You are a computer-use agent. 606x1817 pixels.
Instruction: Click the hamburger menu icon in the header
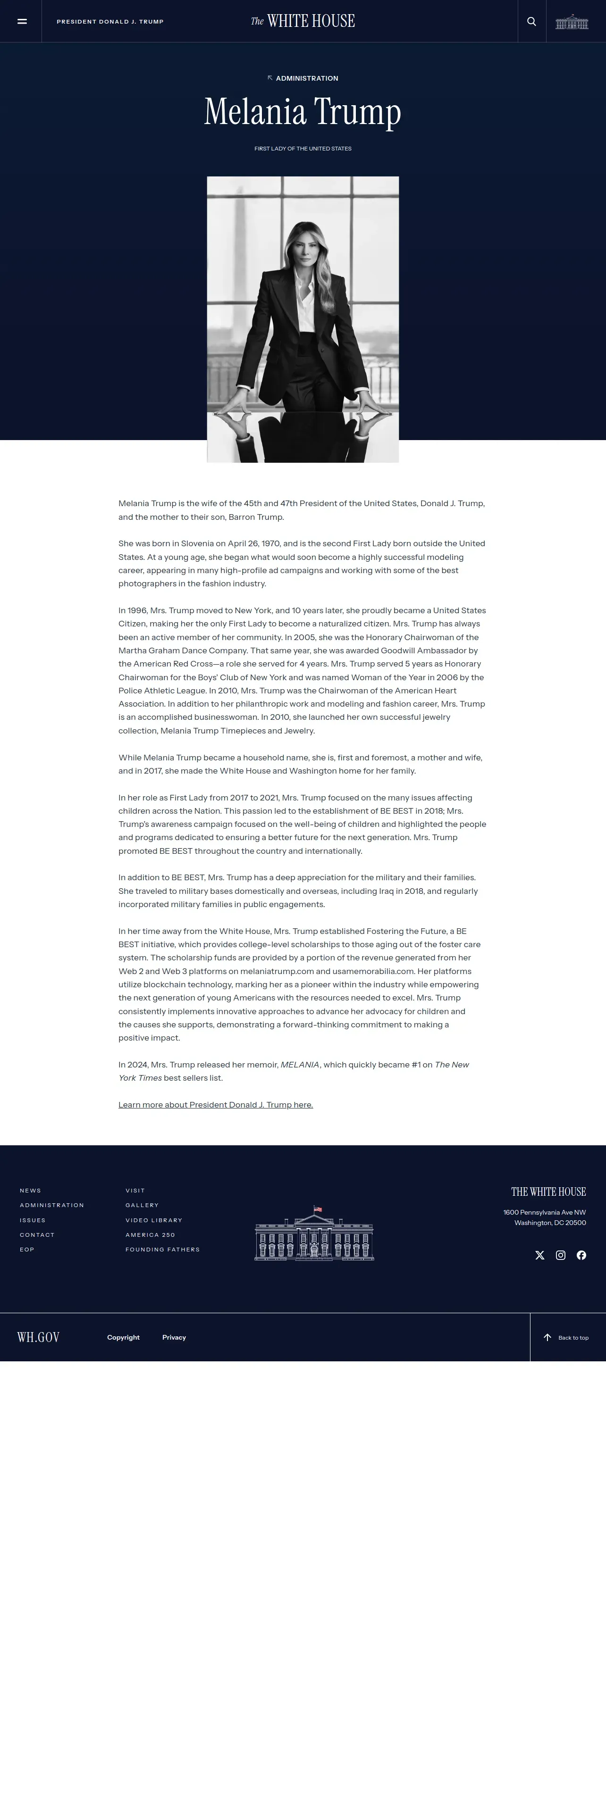(x=22, y=22)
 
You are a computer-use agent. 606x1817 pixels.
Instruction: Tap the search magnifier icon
(x=531, y=22)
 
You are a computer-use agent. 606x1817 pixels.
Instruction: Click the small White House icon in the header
(x=572, y=22)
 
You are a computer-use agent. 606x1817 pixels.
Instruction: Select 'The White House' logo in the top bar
(x=303, y=21)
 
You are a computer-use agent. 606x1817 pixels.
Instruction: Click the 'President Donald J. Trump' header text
(x=110, y=22)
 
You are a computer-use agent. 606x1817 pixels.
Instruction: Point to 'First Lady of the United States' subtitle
(x=303, y=149)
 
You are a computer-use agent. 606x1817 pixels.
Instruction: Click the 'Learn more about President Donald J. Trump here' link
(x=215, y=1105)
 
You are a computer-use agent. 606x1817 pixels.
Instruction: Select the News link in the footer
(x=30, y=1191)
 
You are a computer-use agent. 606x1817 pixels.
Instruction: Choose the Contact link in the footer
(x=37, y=1235)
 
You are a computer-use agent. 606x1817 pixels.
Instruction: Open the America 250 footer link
(x=150, y=1235)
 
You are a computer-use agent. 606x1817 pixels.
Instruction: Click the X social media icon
(x=539, y=1255)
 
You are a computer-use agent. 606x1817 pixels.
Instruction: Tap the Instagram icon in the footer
(x=560, y=1255)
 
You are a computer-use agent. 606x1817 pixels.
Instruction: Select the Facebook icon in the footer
(x=581, y=1255)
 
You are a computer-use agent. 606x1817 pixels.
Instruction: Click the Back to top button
(x=566, y=1337)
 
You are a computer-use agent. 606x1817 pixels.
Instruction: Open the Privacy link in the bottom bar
(x=174, y=1337)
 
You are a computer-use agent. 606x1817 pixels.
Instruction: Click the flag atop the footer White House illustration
(x=318, y=1209)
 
